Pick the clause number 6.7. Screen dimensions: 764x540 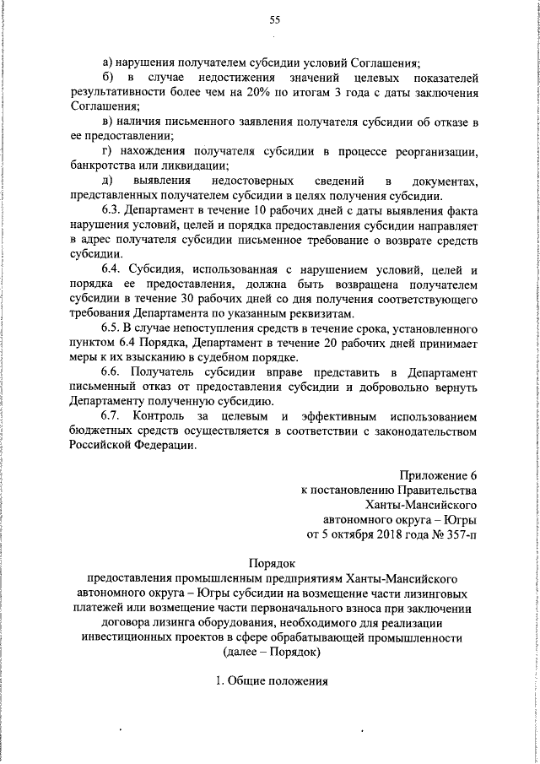click(x=113, y=418)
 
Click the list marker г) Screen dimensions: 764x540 click(x=107, y=152)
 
